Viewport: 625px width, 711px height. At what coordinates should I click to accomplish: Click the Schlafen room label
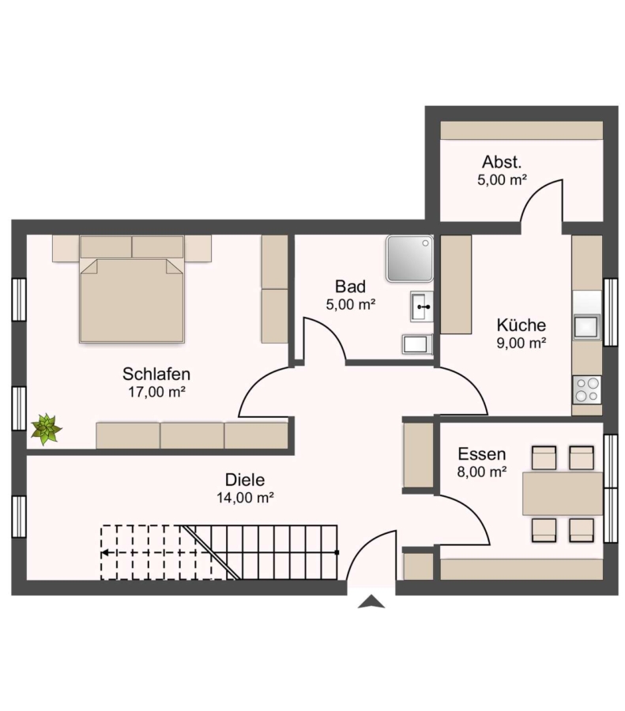tap(156, 374)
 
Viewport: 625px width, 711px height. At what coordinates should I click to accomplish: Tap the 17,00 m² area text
tap(156, 392)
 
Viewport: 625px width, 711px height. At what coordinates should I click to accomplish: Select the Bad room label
tap(350, 287)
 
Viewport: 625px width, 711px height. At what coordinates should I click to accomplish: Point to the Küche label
tap(521, 325)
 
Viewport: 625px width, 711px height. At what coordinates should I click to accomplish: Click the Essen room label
tap(482, 454)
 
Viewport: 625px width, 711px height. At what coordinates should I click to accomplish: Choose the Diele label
tap(245, 480)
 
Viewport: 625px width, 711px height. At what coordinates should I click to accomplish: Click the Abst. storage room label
tap(502, 162)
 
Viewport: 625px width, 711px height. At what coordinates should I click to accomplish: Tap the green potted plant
tap(46, 429)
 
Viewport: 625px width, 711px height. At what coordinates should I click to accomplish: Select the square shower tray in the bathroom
tap(410, 258)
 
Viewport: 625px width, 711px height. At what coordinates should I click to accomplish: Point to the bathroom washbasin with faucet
tap(422, 307)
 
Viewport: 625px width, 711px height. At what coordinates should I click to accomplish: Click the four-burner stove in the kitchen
tap(586, 390)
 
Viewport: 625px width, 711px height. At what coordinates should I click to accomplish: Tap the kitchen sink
tap(586, 326)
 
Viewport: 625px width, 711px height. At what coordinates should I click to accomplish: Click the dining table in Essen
tap(563, 494)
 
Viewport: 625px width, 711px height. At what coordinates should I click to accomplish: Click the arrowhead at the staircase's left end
tap(104, 553)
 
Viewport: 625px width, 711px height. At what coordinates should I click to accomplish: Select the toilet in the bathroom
tap(417, 344)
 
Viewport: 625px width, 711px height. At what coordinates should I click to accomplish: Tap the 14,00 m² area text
tap(245, 498)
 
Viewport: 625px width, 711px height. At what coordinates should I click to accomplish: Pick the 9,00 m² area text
tap(521, 344)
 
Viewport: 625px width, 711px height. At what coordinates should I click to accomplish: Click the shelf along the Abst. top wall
tap(521, 130)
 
